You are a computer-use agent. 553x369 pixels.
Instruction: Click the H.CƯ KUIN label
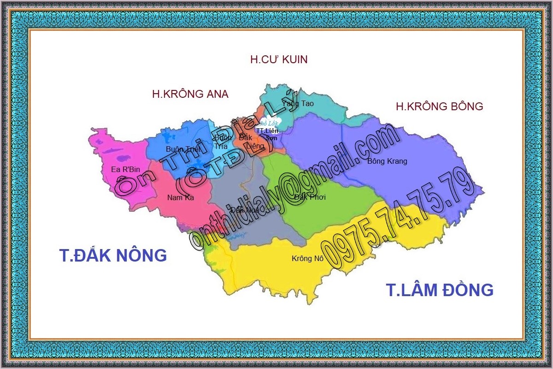279,60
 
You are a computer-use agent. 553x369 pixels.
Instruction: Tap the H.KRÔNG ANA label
190,94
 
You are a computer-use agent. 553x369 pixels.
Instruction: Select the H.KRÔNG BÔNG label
439,107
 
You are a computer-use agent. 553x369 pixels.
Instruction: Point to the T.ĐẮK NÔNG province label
113,255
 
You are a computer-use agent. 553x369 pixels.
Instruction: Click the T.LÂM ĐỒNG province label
439,290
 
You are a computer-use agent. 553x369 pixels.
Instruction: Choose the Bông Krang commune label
387,161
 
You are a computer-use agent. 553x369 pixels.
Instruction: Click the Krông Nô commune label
307,259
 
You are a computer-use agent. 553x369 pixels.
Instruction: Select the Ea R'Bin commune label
125,170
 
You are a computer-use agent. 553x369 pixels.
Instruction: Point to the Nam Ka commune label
180,198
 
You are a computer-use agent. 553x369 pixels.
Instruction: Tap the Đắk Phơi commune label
310,197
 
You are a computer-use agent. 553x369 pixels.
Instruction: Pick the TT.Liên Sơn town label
267,134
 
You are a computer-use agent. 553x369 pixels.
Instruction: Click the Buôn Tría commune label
223,142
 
